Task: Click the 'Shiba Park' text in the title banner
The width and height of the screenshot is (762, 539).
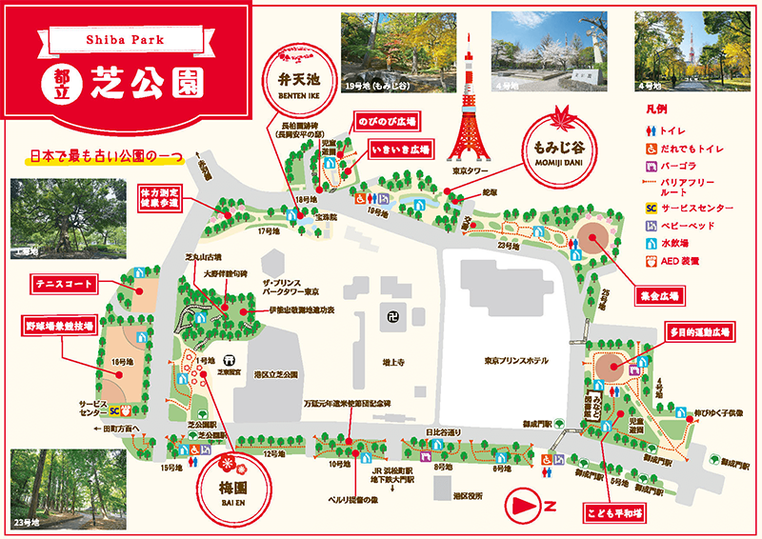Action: [x=123, y=41]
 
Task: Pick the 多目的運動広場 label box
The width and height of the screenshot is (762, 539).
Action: [x=698, y=332]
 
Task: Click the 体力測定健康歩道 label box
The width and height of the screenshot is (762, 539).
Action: [x=159, y=198]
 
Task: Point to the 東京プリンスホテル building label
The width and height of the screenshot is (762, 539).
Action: [x=511, y=360]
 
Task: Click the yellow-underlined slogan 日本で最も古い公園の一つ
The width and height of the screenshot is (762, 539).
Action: [x=105, y=155]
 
